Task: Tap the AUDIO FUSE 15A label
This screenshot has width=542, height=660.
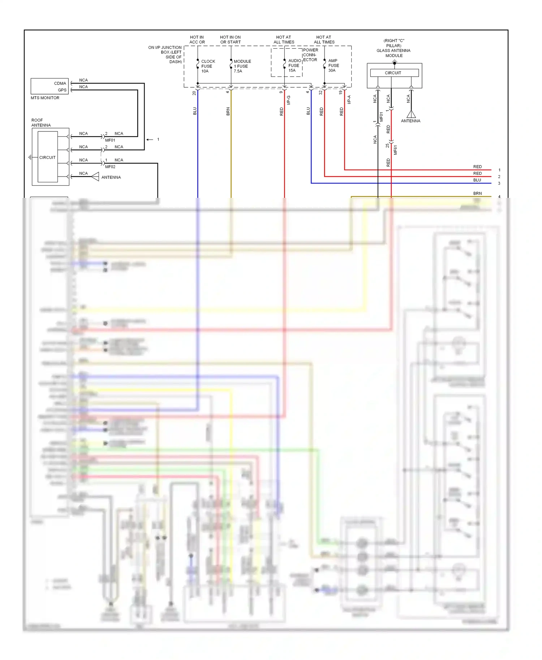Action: [x=294, y=66]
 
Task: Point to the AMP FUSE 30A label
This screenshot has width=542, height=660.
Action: [x=333, y=66]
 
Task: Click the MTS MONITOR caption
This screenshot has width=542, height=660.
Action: [x=45, y=98]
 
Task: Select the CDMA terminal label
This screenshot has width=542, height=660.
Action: [x=60, y=83]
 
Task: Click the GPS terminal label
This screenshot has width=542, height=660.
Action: [x=62, y=90]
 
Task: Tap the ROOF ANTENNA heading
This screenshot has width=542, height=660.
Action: [x=41, y=123]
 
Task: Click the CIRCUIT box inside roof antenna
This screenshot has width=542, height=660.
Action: [x=47, y=157]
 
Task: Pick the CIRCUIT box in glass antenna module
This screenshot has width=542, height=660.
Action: [x=393, y=73]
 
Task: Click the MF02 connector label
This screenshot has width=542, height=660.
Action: [x=110, y=167]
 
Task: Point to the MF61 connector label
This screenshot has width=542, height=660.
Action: [x=395, y=150]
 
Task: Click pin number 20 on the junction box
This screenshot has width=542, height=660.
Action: [x=194, y=93]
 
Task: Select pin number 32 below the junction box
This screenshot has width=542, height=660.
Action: [x=321, y=93]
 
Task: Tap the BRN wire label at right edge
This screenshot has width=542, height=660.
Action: [x=477, y=194]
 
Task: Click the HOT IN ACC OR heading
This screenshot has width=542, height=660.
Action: [x=197, y=40]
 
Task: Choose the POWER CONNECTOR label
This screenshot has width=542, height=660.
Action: [x=310, y=55]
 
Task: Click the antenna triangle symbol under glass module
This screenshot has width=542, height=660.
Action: [x=411, y=114]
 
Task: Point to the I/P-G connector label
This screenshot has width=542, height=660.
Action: [x=289, y=100]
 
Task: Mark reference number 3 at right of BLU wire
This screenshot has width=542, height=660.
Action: [x=499, y=183]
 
